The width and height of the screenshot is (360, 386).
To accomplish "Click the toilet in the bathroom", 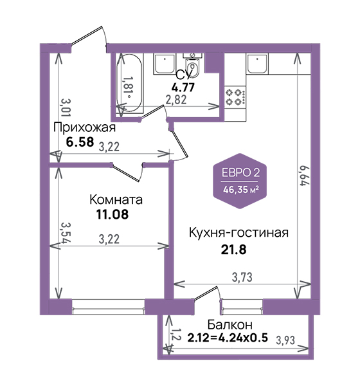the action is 193,66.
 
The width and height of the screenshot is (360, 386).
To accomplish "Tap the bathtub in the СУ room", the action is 129,83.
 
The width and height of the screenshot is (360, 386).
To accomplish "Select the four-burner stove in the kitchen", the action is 235,96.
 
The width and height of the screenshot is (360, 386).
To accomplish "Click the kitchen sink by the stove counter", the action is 257,64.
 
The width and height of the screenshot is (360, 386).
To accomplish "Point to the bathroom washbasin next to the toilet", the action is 164,64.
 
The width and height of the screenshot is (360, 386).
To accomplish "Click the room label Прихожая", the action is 84,128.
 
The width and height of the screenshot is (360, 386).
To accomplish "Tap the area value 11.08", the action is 113,214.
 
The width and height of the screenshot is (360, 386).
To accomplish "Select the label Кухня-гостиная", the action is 239,233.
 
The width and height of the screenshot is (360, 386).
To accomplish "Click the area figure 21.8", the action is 233,250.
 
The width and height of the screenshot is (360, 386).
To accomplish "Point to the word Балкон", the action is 230,325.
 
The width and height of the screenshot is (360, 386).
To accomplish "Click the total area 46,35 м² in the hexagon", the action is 240,190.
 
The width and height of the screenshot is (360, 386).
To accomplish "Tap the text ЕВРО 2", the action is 240,173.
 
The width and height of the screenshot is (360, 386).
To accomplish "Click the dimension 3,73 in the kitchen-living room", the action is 242,277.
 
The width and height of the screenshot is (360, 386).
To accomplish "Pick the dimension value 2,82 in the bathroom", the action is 175,100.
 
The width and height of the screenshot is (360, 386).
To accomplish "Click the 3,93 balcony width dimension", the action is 285,340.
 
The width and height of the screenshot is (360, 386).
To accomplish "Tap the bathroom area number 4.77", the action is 183,87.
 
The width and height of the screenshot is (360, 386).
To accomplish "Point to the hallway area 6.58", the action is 80,142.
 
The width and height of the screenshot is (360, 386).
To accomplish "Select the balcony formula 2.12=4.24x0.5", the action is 228,338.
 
